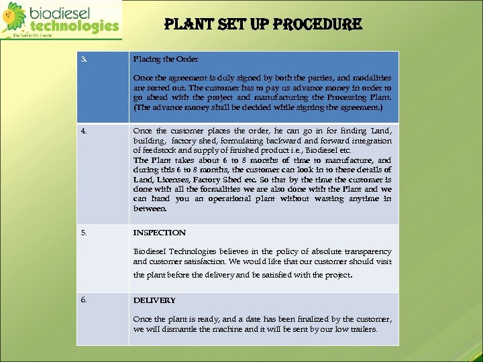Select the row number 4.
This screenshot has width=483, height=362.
point(84,131)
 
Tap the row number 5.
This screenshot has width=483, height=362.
point(84,233)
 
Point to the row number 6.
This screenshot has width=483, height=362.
point(84,300)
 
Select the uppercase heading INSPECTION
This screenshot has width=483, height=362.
point(160,233)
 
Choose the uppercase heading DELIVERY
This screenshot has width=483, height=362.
point(154,300)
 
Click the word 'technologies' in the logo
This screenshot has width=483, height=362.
point(74,26)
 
